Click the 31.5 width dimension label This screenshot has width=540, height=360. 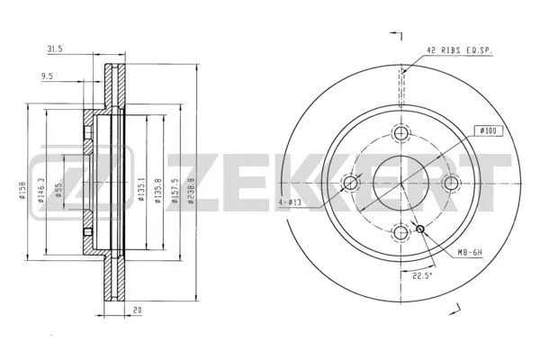(x=56, y=49)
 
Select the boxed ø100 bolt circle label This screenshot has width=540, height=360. (x=490, y=130)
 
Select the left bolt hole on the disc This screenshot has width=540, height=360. (x=350, y=184)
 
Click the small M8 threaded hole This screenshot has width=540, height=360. (x=420, y=229)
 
